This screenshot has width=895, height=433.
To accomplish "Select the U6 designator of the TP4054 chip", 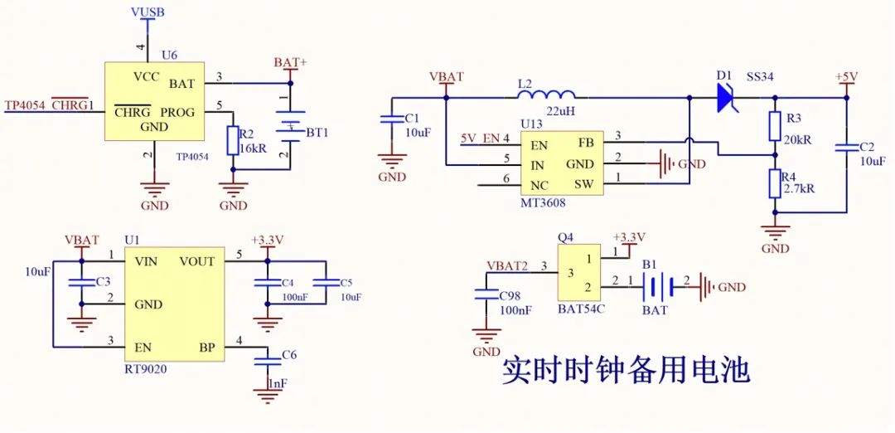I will coord(169,55).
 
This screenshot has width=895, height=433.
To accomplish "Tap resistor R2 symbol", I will coord(233,139).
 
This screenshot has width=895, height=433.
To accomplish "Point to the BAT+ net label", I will coord(290,63).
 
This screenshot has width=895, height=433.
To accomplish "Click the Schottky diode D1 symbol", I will coord(727,97).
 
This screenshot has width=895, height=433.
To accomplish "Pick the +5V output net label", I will coord(846,76).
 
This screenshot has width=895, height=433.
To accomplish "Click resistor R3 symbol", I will coord(775,126).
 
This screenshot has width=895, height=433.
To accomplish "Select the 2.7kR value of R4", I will coord(798,188).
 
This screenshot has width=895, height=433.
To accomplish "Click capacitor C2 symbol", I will coord(846,148).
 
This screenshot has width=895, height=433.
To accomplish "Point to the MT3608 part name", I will coord(543,202).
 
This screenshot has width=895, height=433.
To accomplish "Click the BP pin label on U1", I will coord(206,347).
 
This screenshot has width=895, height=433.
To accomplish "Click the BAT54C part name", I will coord(580,309).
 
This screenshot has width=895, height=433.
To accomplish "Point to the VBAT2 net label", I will coord(506,265).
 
